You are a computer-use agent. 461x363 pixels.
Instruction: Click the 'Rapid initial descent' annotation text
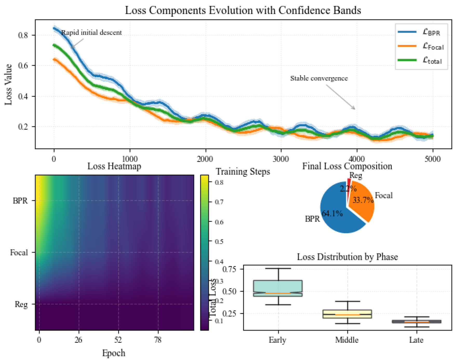(91, 33)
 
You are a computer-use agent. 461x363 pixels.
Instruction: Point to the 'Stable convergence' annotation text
(319, 78)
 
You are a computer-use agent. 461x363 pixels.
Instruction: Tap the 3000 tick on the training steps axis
(281, 159)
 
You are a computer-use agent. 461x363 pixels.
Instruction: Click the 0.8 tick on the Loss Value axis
(23, 35)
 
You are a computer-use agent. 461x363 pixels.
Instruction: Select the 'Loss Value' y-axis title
(8, 84)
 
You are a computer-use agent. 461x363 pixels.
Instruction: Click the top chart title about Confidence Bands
(243, 10)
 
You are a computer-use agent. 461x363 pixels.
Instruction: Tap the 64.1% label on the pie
(332, 214)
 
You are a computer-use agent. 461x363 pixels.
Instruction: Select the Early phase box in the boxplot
(278, 288)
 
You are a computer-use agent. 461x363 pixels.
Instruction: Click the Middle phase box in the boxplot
(347, 314)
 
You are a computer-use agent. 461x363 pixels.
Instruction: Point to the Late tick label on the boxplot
(416, 340)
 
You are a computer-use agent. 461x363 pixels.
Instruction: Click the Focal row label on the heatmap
(19, 253)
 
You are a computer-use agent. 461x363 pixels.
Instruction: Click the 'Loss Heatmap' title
(114, 166)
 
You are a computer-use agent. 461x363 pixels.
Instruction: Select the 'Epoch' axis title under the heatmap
(114, 353)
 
